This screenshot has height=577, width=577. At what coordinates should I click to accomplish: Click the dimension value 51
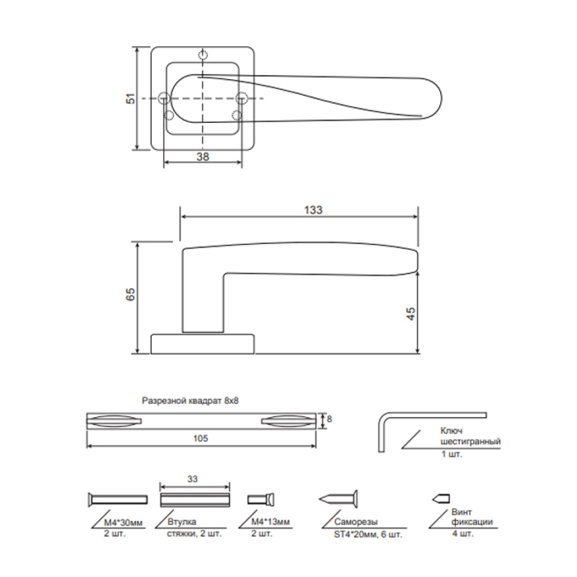131,99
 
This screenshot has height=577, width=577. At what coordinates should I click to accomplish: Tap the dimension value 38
203,157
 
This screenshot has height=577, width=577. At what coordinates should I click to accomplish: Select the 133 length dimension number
313,210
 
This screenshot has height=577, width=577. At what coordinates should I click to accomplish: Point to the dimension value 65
130,295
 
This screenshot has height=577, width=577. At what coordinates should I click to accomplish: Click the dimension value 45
410,313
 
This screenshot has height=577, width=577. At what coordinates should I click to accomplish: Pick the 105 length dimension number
201,439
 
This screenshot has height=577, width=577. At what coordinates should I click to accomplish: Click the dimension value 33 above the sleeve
193,479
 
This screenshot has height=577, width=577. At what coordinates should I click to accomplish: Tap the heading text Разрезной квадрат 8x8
190,400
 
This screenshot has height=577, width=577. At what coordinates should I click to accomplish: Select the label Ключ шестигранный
470,436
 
